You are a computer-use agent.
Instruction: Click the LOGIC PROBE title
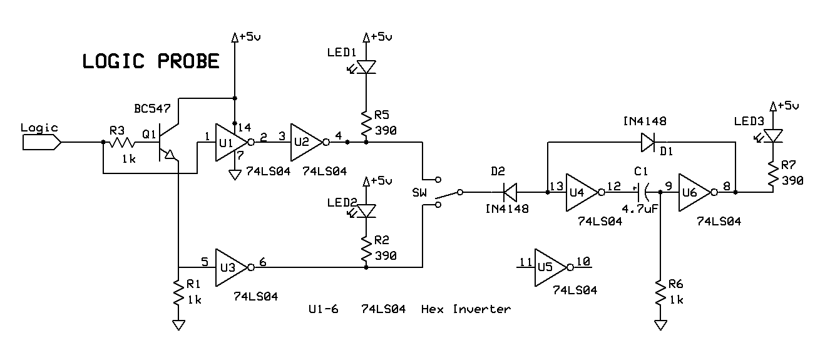[151, 61]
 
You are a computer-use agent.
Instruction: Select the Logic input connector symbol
[41, 142]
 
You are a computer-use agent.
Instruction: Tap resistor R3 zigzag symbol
[121, 142]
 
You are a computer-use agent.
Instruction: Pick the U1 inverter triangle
[232, 142]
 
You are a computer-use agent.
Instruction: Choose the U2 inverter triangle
[307, 142]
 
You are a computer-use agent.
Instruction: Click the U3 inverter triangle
[232, 267]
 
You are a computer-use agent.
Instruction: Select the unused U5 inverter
[551, 267]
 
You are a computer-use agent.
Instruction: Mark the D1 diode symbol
[648, 142]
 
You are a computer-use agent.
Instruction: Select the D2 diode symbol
[510, 192]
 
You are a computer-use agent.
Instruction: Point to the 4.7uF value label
[640, 209]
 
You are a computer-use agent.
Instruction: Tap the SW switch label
[419, 192]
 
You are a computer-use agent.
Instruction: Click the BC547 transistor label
[152, 109]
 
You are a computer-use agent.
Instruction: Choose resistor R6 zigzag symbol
[660, 292]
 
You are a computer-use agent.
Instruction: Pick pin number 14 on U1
[244, 128]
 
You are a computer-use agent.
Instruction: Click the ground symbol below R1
[178, 325]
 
